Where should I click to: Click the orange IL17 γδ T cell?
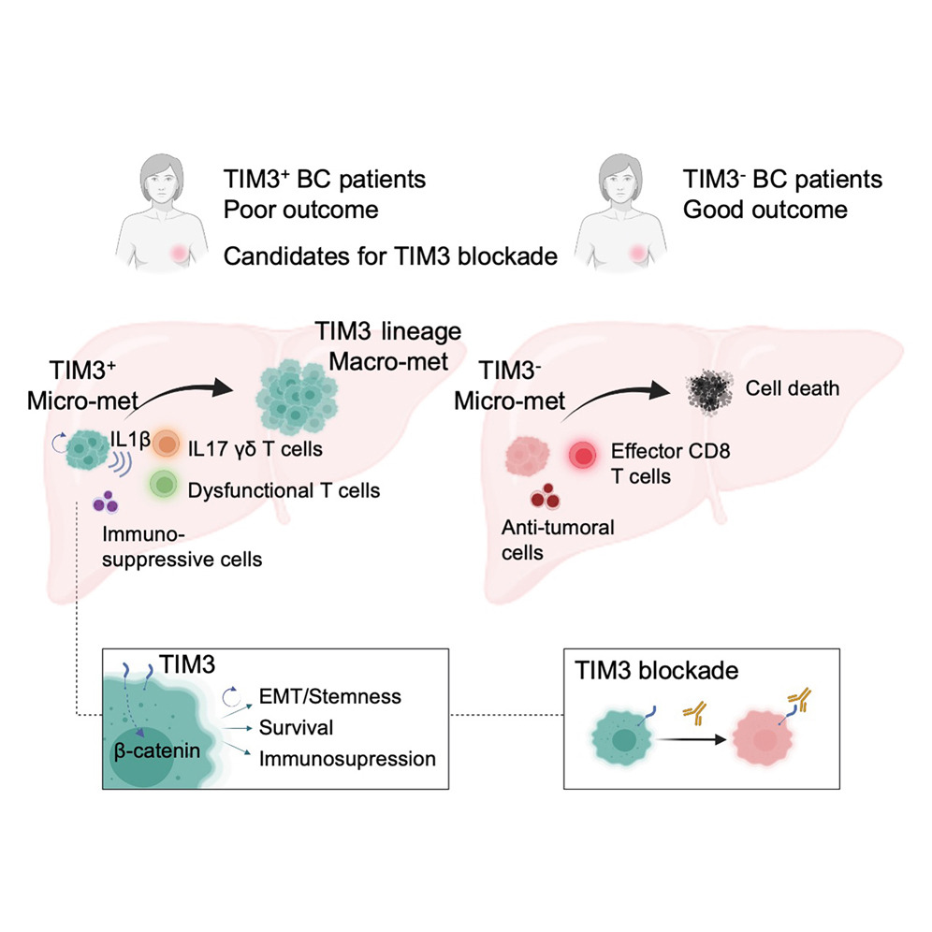[x=166, y=443]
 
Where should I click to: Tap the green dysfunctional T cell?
[x=166, y=485]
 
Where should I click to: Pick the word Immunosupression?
[x=346, y=758]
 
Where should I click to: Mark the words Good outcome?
[x=765, y=208]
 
